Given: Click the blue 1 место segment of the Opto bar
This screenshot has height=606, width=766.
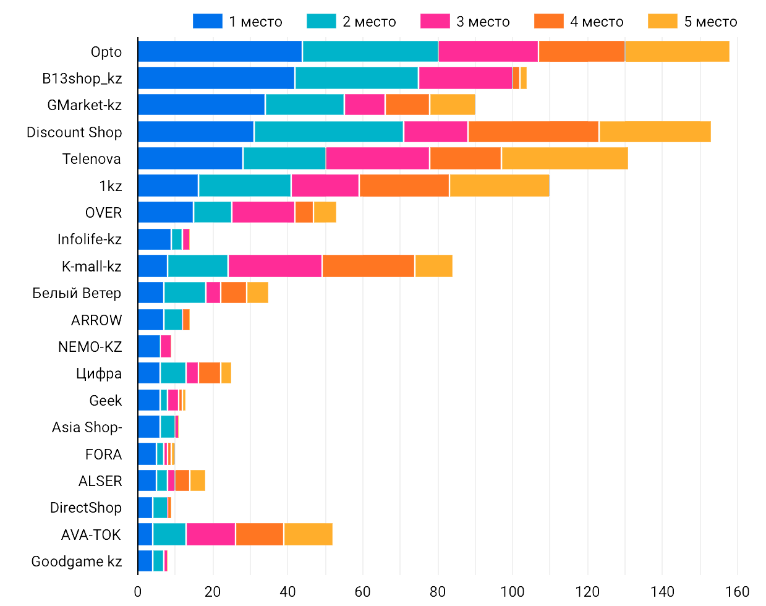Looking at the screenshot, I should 220,51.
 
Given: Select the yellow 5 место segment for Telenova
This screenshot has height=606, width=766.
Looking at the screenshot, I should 564,158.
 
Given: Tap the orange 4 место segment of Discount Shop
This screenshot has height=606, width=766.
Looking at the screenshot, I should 533,132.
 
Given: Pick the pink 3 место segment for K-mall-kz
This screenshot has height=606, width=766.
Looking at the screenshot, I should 275,266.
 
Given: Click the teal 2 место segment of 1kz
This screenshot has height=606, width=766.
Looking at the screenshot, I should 245,186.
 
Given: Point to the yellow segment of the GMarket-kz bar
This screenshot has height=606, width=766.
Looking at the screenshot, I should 453,105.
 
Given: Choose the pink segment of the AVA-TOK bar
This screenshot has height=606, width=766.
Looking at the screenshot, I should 211,534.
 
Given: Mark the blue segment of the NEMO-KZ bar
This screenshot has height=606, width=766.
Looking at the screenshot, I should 149,346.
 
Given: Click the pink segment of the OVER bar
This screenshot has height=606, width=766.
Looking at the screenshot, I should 263,212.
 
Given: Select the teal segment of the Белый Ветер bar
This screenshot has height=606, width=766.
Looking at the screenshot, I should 185,292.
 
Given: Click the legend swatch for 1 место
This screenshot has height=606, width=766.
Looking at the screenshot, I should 207,22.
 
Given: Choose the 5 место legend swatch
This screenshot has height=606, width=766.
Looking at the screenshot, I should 663,22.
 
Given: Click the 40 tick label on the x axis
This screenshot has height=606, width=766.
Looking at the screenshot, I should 287,592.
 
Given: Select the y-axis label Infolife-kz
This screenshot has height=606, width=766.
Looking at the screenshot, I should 90,239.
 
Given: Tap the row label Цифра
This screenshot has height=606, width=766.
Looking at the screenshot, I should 99,373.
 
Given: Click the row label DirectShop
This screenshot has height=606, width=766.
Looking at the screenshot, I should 86,508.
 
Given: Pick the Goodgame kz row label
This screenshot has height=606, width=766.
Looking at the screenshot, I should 77,561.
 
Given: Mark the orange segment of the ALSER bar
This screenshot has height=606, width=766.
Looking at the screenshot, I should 182,480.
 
